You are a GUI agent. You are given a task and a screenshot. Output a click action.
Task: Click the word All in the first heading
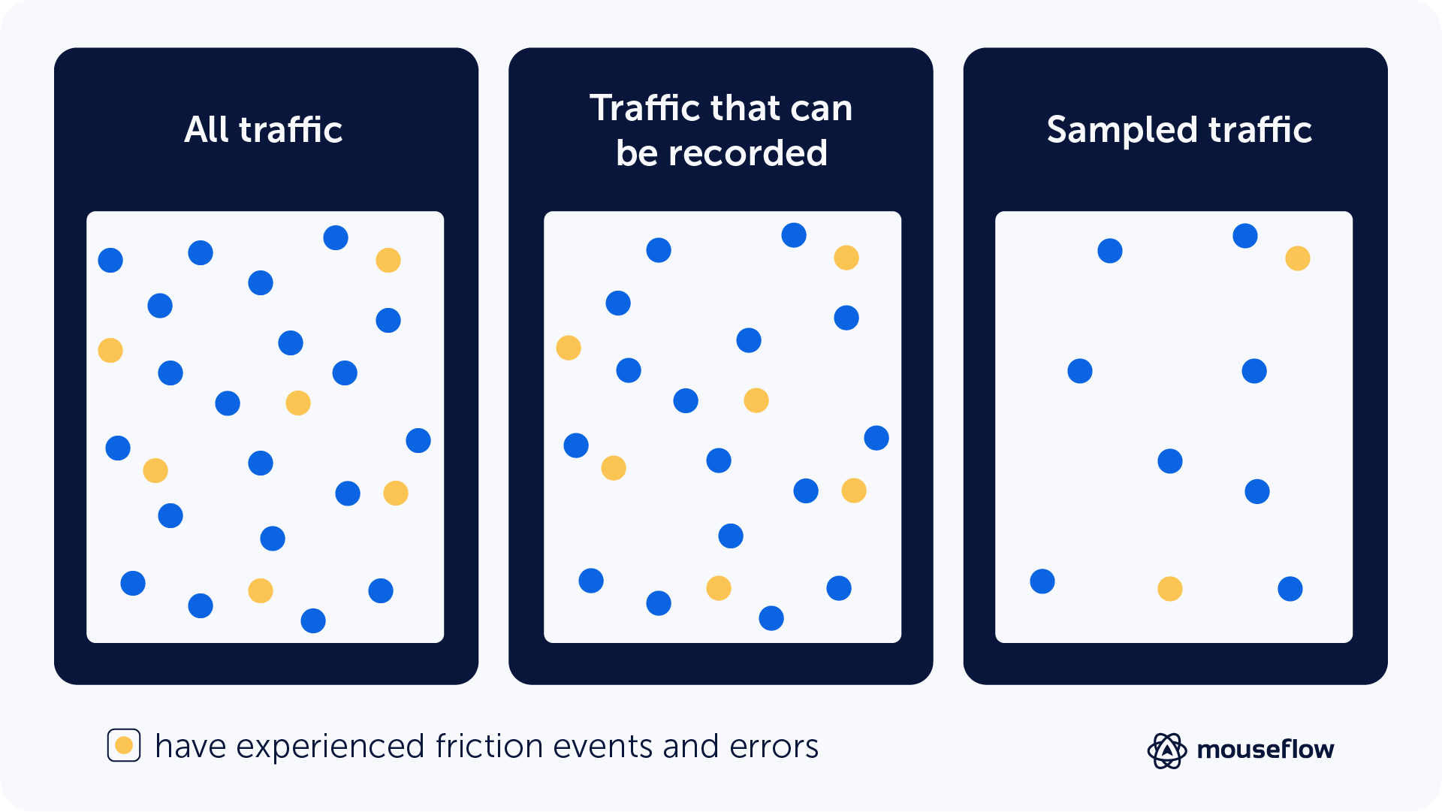coord(207,129)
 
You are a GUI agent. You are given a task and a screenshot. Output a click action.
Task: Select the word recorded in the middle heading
coord(747,153)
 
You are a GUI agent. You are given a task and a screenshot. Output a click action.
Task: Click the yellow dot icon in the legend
coord(124,745)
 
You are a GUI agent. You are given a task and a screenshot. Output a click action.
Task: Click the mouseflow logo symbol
coord(1166,750)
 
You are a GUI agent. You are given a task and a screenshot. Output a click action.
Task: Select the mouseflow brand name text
coord(1265,750)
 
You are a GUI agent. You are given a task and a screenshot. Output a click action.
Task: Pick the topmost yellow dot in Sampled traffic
coord(1298,258)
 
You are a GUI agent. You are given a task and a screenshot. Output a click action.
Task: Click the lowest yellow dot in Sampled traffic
coord(1170,589)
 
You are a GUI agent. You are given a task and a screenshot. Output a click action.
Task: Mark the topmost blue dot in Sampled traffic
coord(1245,236)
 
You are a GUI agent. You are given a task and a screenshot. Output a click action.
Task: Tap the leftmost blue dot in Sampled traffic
coord(1042,581)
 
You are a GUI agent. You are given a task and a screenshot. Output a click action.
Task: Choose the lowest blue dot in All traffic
coord(313,621)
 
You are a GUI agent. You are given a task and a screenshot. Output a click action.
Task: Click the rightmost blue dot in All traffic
coord(418,441)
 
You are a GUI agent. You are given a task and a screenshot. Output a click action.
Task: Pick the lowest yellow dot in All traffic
coord(261,591)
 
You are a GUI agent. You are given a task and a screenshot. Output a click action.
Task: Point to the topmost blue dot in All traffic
coord(336,238)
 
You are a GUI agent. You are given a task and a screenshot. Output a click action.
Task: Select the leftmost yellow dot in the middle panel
coord(569,348)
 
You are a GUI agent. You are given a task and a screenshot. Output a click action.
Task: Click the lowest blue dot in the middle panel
coord(771,618)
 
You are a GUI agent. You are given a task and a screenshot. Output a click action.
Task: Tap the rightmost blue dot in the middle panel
coord(876,438)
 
